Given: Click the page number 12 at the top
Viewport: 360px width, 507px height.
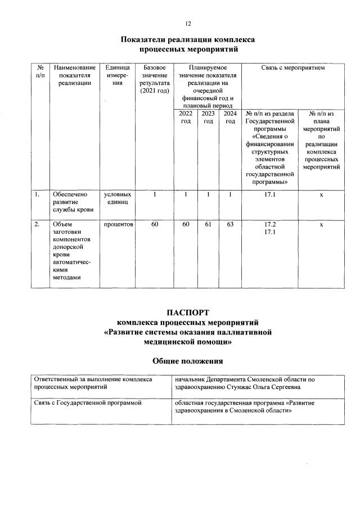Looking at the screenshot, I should [188, 23].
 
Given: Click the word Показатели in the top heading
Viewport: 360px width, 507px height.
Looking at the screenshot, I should [146, 40].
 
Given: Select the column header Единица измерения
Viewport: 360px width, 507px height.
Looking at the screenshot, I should [117, 75].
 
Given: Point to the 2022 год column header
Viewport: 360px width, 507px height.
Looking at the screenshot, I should [185, 117].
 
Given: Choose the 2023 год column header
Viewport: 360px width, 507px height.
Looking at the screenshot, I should [208, 117].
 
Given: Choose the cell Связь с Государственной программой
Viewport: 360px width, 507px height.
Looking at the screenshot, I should [86, 403].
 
